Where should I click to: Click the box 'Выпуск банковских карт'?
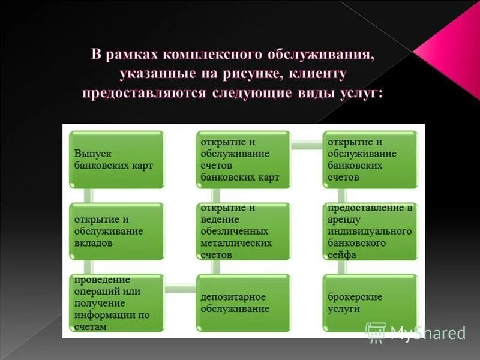coord(116,160)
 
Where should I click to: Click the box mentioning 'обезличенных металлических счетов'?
coord(243,231)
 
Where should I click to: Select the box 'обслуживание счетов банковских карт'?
coord(243,160)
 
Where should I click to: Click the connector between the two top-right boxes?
coord(307,145)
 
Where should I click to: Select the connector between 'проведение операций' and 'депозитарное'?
coord(179,289)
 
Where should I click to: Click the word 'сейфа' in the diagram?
coord(343,254)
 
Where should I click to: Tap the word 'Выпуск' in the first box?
coord(90,154)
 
